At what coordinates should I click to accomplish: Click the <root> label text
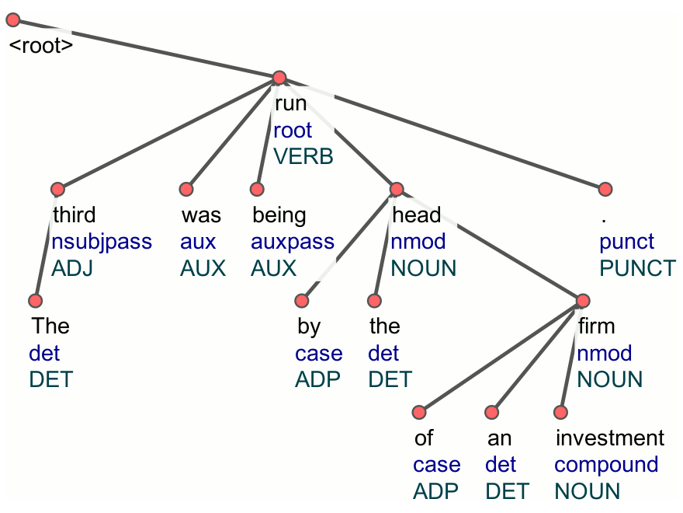[40, 46]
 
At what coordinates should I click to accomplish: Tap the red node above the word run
[279, 78]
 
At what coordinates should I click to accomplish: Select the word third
[74, 215]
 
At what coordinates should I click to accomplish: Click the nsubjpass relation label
[102, 242]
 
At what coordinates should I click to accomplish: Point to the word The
[50, 326]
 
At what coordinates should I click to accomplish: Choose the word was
[201, 215]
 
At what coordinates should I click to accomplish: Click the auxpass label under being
[293, 242]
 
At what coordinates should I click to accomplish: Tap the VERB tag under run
[303, 156]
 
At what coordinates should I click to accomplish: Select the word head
[416, 215]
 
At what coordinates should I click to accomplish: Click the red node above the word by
[303, 301]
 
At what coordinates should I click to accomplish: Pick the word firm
[596, 326]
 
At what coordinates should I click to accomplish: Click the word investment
[610, 438]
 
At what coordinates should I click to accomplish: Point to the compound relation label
[606, 465]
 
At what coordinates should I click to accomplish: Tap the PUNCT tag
[638, 269]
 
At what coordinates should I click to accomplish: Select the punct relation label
[627, 242]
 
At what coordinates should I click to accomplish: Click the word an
[499, 438]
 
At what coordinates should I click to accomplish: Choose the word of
[423, 438]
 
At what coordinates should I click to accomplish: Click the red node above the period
[605, 189]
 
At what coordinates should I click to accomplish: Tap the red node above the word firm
[583, 300]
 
